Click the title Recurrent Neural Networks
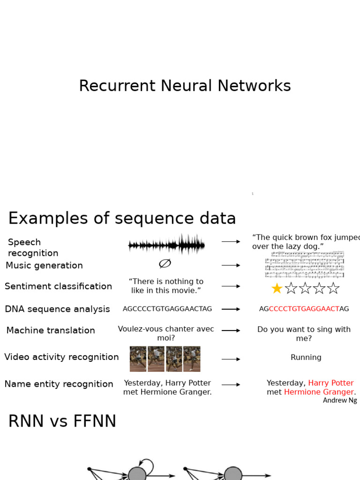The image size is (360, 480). [185, 86]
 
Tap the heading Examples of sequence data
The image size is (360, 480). [122, 218]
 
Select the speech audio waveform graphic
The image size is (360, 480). [166, 245]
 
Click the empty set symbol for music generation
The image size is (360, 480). [165, 264]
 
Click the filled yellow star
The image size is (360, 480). [277, 288]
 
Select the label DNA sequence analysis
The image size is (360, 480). [57, 309]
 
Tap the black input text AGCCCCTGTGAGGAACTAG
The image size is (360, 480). [167, 309]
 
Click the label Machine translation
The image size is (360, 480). [51, 330]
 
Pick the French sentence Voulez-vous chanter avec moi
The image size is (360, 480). [166, 333]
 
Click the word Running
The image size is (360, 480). [306, 358]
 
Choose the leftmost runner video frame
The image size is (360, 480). [138, 359]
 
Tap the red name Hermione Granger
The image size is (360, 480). [319, 392]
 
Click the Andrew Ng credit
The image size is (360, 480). [340, 400]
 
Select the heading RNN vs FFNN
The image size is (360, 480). [62, 422]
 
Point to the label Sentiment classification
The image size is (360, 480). [59, 286]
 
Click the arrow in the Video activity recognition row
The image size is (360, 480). [231, 359]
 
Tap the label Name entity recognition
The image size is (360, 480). [59, 384]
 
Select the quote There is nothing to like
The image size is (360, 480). [166, 286]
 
